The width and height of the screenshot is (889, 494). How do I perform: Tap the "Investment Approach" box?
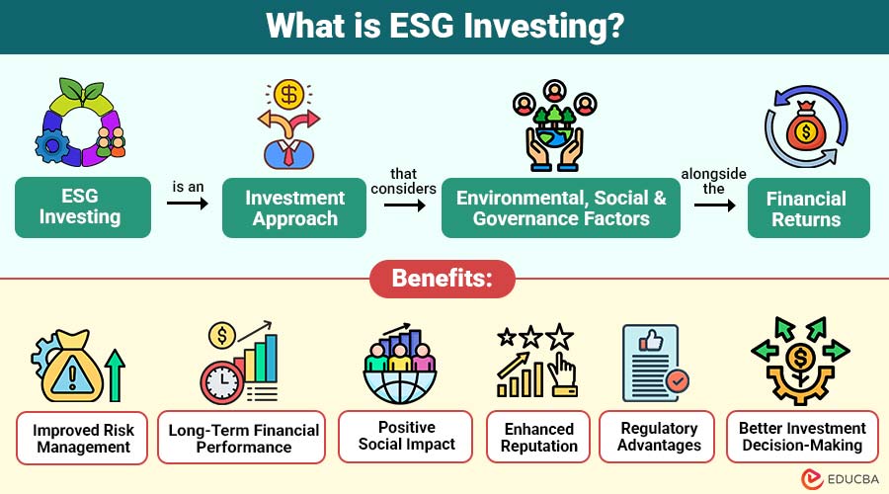click(x=295, y=207)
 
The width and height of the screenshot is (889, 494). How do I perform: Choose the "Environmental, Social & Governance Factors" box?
click(x=561, y=207)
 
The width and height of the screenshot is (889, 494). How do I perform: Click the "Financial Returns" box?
click(x=807, y=207)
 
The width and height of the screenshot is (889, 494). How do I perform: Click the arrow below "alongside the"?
click(x=714, y=206)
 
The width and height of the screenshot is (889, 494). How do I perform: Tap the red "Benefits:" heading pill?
click(x=444, y=279)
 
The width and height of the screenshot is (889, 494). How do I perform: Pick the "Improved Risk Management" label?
click(x=82, y=438)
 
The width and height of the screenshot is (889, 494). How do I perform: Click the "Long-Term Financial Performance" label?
click(x=244, y=438)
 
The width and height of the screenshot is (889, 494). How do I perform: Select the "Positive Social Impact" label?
click(x=406, y=436)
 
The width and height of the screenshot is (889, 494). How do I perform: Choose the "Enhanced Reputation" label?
click(x=539, y=437)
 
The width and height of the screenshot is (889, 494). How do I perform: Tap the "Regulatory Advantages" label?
click(x=659, y=437)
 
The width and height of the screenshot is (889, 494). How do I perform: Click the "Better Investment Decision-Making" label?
click(x=802, y=437)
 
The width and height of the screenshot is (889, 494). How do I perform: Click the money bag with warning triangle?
click(x=65, y=365)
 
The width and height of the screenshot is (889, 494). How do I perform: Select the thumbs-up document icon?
click(x=652, y=361)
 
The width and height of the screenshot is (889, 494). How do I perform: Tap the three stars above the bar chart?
click(x=534, y=337)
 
